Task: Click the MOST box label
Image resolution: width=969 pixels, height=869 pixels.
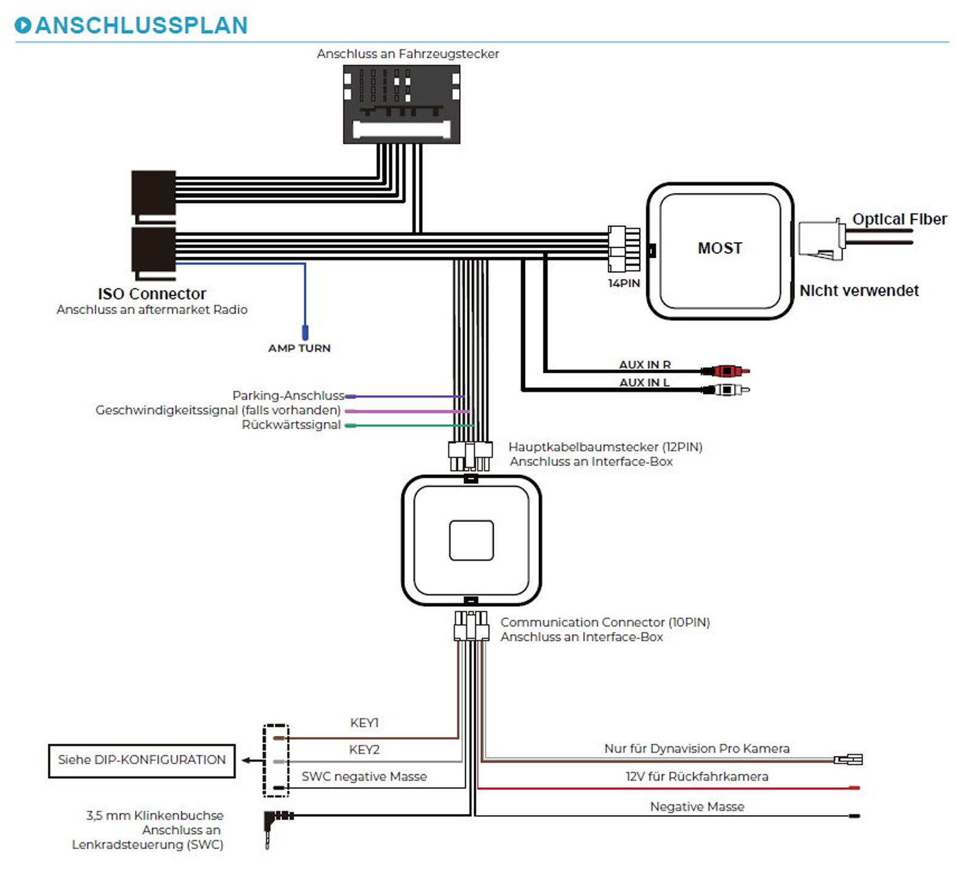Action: (x=719, y=248)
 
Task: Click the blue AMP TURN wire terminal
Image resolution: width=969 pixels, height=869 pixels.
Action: (x=305, y=332)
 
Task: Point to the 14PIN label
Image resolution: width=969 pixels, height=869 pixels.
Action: (x=624, y=283)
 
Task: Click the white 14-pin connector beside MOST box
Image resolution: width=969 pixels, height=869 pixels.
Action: (x=624, y=249)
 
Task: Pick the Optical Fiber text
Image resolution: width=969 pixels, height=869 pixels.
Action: (x=899, y=219)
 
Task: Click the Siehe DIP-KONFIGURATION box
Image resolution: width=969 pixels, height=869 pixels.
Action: (x=142, y=760)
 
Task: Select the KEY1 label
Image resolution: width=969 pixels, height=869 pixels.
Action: (x=364, y=723)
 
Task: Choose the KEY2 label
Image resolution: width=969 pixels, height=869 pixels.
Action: (x=364, y=750)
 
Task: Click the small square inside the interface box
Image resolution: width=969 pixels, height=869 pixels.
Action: (x=471, y=540)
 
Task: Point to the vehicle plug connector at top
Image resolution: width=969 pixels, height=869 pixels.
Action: (x=402, y=104)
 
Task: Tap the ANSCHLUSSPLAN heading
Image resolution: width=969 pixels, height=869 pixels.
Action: (x=141, y=25)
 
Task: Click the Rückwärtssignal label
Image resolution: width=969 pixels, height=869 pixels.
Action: (x=291, y=425)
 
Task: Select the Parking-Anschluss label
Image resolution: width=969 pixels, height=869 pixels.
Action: (x=288, y=395)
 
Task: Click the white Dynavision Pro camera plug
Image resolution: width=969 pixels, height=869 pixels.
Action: (x=848, y=759)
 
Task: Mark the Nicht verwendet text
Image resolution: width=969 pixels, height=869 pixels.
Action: (x=858, y=290)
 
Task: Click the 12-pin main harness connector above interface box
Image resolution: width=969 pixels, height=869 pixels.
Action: (x=469, y=456)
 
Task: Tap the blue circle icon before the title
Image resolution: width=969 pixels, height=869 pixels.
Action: (x=22, y=25)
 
